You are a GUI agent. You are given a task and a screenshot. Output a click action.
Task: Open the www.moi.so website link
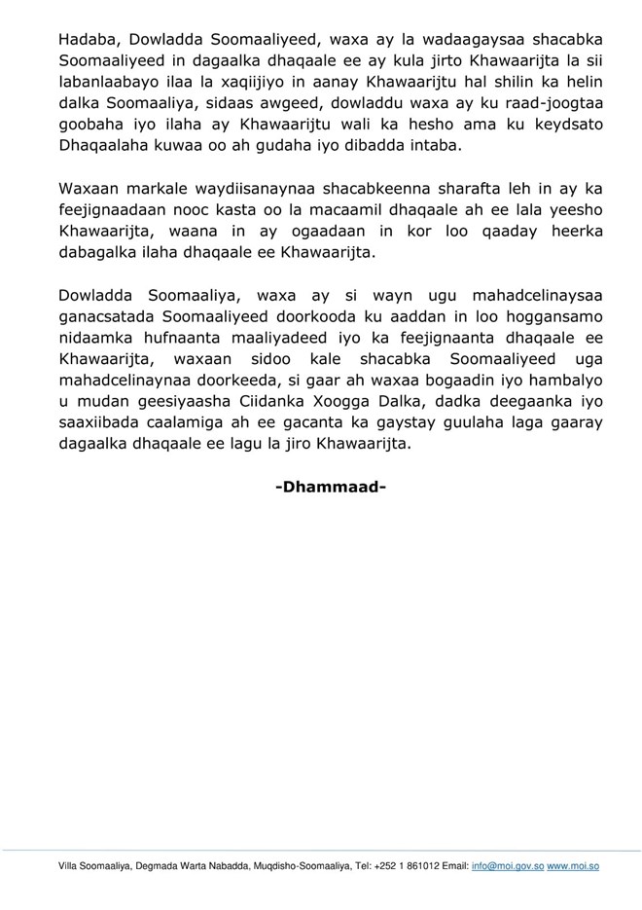pyautogui.click(x=572, y=866)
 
